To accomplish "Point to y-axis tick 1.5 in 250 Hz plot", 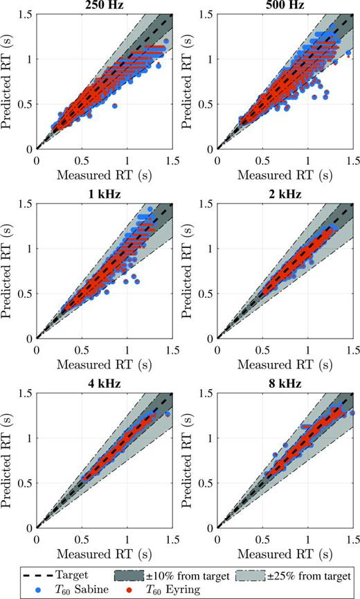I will pyautogui.click(x=24, y=13).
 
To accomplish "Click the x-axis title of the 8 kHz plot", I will pyautogui.click(x=285, y=552).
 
